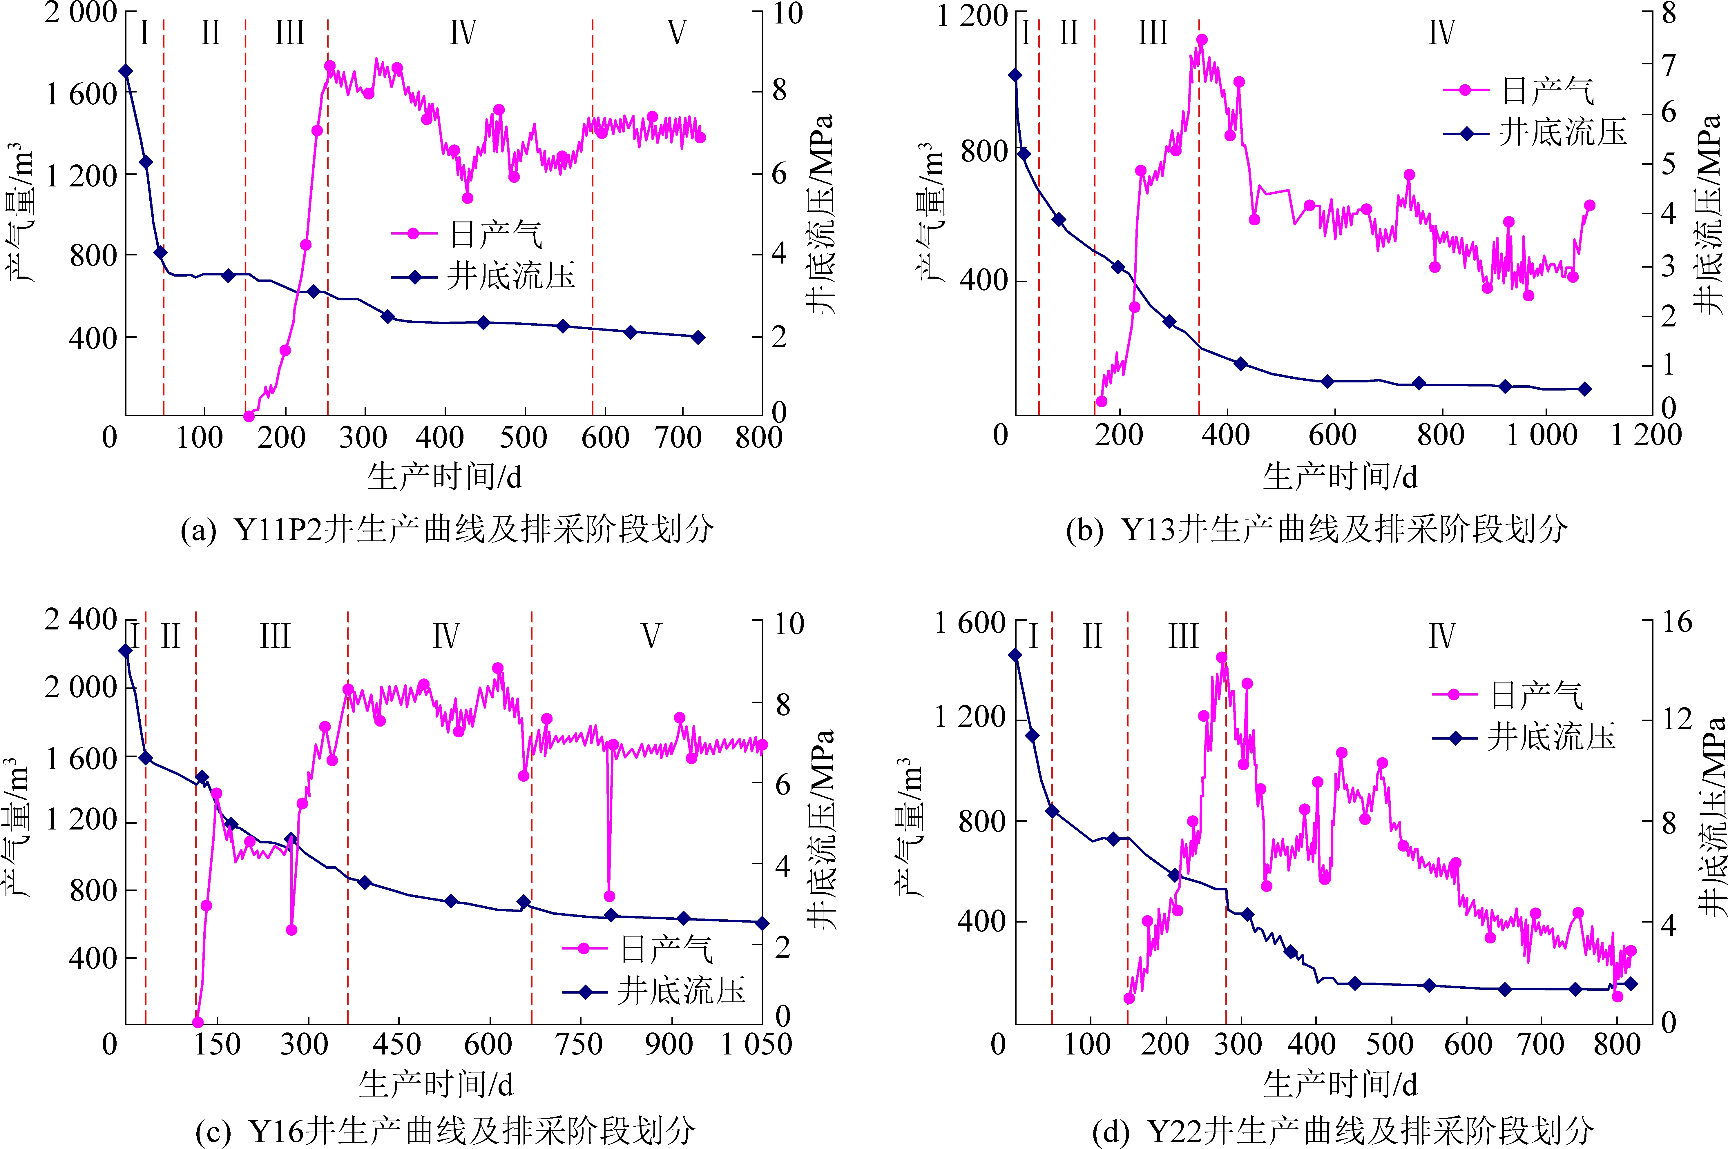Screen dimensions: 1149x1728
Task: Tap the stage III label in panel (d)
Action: [1183, 636]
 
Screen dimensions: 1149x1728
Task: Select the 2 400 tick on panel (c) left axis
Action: [81, 620]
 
